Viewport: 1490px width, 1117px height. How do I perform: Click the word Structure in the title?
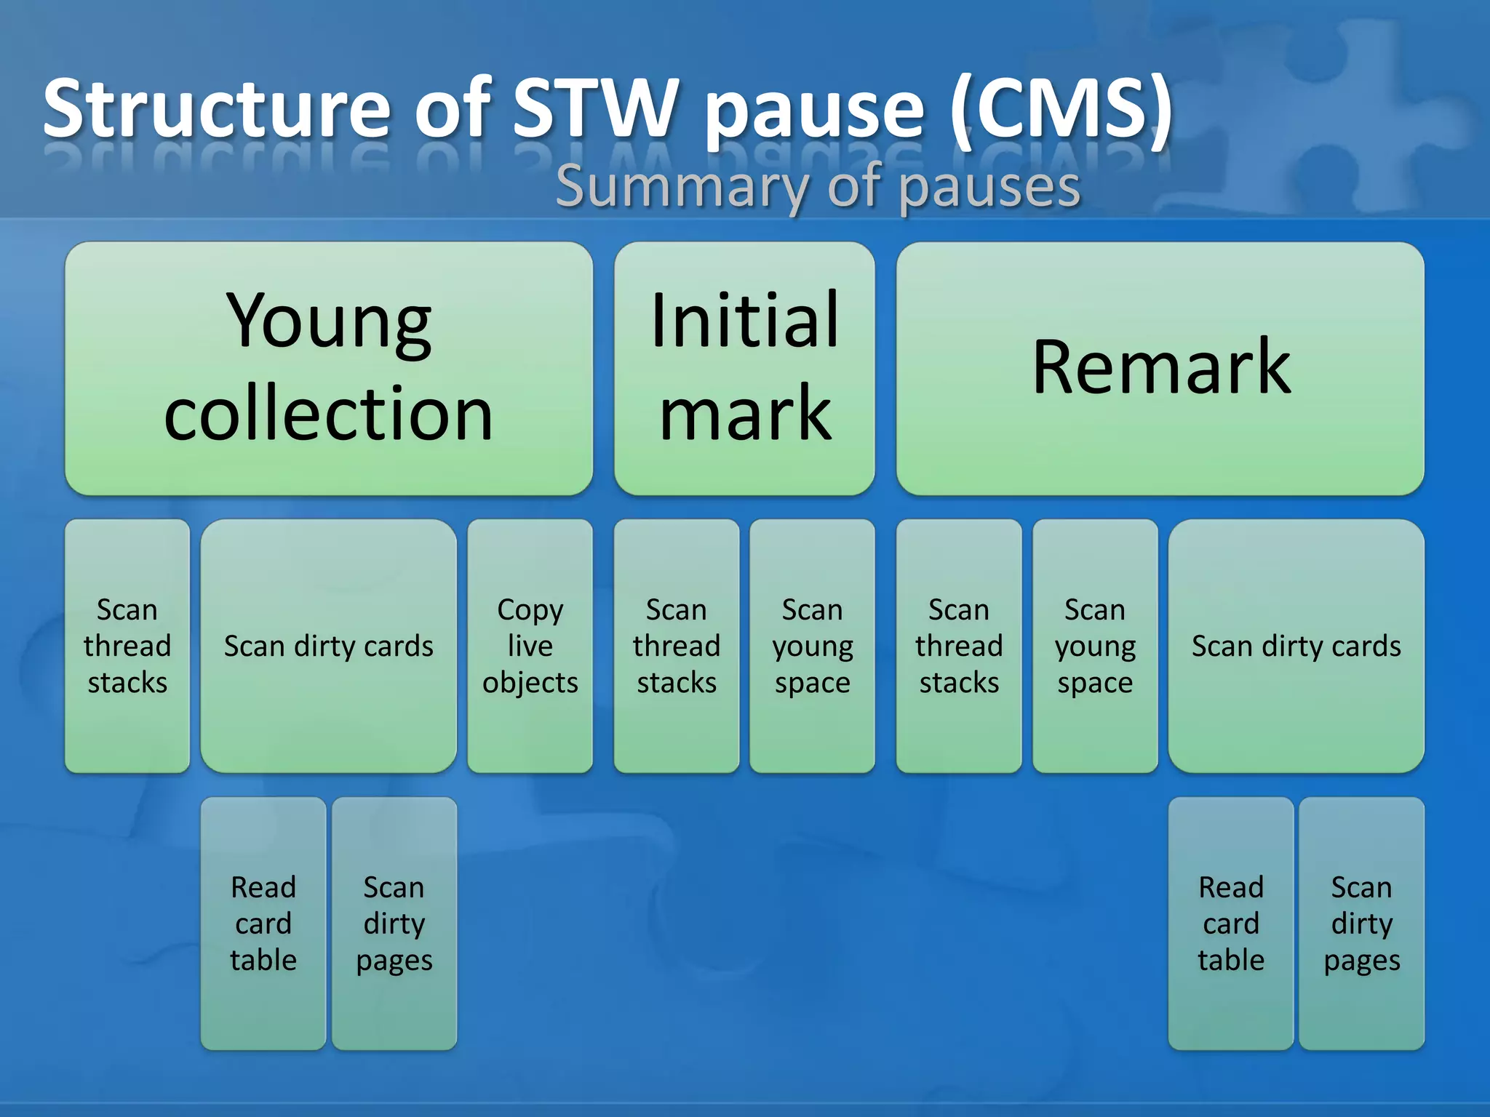tap(217, 109)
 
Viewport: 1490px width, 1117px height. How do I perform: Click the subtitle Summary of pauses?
tap(818, 188)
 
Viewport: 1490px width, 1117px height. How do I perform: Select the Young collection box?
tap(329, 368)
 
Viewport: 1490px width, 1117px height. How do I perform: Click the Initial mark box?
tap(744, 368)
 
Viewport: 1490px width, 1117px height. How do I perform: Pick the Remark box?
tap(1160, 368)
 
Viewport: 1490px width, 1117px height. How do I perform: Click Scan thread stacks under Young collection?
tap(127, 646)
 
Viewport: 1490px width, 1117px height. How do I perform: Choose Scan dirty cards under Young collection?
tap(329, 646)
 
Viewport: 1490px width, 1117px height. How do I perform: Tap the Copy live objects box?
tap(530, 646)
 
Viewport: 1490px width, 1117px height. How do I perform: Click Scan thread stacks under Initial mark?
tap(677, 646)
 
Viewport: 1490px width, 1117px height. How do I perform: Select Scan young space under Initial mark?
tap(812, 646)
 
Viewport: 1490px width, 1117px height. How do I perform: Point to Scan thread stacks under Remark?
tap(959, 646)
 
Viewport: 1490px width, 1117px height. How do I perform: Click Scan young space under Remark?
tap(1095, 646)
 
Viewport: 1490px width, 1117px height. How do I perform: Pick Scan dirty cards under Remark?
tap(1296, 646)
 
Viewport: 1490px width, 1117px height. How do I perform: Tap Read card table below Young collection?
tap(263, 924)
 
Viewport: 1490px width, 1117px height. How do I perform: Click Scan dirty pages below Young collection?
tap(394, 924)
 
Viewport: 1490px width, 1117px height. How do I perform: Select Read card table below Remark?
tap(1231, 924)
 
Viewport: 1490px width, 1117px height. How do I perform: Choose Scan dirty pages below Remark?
tap(1361, 924)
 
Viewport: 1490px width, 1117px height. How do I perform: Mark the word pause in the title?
tap(815, 109)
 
